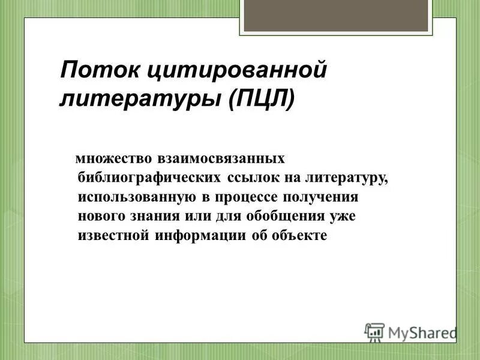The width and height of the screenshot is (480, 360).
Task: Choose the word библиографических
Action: point(150,179)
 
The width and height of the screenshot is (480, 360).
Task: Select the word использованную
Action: point(138,197)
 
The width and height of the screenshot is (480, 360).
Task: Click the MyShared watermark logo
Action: point(410,331)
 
